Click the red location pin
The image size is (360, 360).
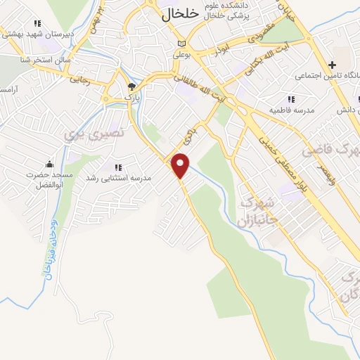(x=181, y=165)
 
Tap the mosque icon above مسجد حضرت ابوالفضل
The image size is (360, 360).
(x=48, y=164)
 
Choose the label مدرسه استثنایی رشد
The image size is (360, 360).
(x=113, y=178)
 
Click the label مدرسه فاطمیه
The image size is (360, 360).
(x=291, y=111)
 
